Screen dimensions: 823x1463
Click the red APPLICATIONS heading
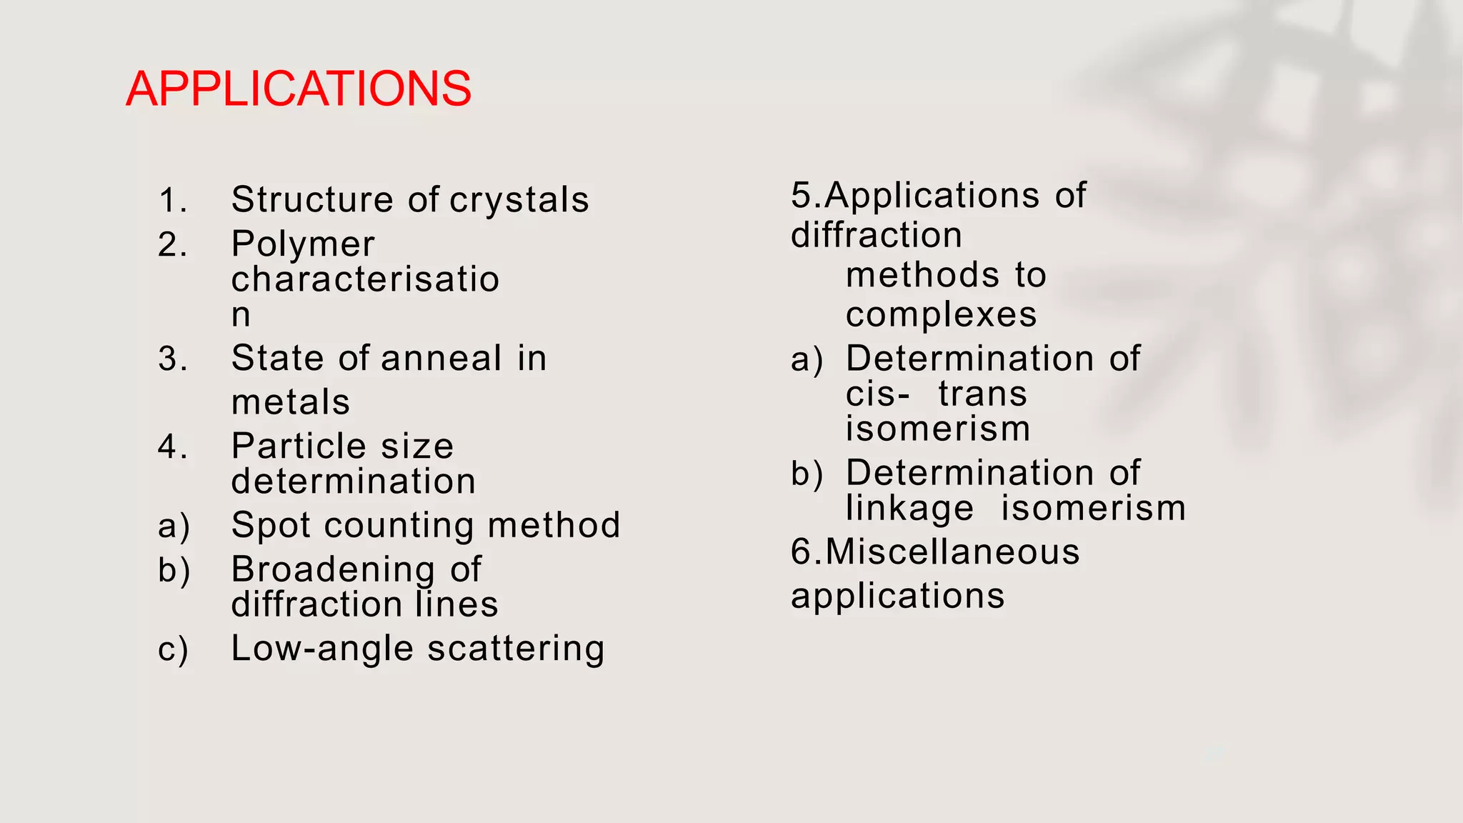coord(299,89)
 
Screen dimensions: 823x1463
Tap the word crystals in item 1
coord(519,200)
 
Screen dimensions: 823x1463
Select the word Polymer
coord(303,244)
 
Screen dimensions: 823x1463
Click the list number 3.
coord(172,359)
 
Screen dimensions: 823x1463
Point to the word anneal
coord(441,358)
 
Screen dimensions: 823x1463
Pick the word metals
coord(291,402)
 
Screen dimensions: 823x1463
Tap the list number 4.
coord(172,447)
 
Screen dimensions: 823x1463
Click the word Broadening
coord(333,569)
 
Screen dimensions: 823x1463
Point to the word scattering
coord(516,649)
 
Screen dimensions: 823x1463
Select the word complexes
coord(941,315)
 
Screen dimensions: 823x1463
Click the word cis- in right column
coord(877,394)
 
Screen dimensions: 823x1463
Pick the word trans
coord(982,394)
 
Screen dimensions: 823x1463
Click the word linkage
coord(909,509)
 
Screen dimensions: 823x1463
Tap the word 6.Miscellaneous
coord(935,552)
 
